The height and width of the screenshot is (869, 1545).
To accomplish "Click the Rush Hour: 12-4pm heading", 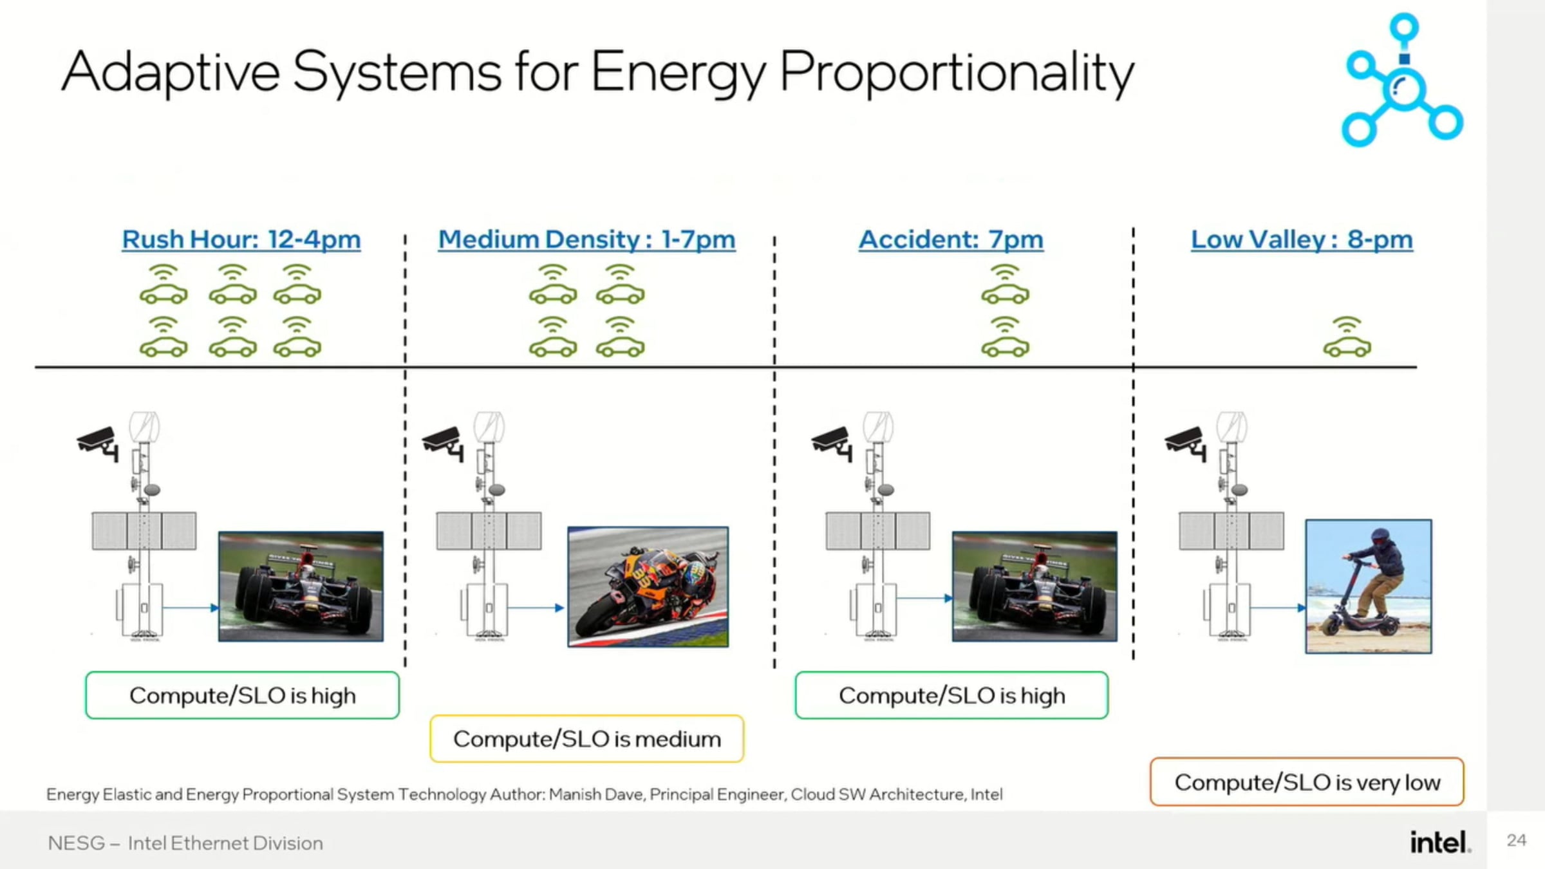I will pos(241,239).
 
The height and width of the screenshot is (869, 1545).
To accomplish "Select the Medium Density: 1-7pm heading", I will pos(586,239).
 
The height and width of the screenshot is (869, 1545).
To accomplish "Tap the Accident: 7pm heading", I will pos(951,239).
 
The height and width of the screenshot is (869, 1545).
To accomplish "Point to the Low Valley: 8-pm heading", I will pos(1302,239).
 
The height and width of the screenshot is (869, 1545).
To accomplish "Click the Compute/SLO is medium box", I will pos(586,739).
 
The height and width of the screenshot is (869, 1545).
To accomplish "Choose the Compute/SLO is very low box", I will pos(1307,782).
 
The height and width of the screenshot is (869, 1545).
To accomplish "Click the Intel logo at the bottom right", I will pos(1440,842).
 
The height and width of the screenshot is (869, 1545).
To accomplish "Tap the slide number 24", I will pos(1516,840).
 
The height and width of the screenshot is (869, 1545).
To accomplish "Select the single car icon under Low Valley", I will pos(1347,338).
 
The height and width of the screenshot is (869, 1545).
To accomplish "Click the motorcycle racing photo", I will pos(648,586).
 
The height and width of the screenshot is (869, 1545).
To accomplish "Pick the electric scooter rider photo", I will pos(1369,586).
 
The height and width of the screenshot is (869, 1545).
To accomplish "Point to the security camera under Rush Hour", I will pos(98,443).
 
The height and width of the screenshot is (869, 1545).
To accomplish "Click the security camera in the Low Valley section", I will pos(1186,443).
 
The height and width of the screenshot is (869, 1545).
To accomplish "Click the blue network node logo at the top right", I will pos(1402,80).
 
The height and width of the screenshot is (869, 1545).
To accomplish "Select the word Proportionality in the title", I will pos(957,72).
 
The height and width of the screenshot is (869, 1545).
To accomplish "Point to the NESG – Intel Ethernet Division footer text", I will pos(185,843).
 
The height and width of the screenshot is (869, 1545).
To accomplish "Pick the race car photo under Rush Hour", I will pos(301,586).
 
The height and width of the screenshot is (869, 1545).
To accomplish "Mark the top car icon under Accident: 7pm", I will pos(1005,285).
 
